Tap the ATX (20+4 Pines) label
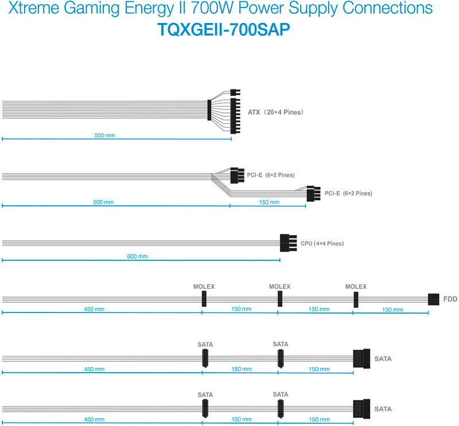click(x=275, y=112)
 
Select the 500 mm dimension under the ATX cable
click(x=105, y=136)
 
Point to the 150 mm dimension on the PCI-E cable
click(x=269, y=202)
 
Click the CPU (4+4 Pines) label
click(x=322, y=244)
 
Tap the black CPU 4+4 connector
click(x=288, y=243)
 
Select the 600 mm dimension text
click(x=137, y=256)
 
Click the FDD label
click(x=450, y=299)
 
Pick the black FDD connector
click(x=434, y=299)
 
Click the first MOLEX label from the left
click(x=204, y=287)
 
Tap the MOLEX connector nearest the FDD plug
click(x=356, y=299)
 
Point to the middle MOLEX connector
click(x=280, y=299)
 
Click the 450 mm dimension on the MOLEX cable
click(x=94, y=310)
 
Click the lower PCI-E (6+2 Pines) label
click(x=348, y=194)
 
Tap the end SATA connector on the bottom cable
click(x=362, y=409)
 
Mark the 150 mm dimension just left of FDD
click(x=393, y=310)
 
